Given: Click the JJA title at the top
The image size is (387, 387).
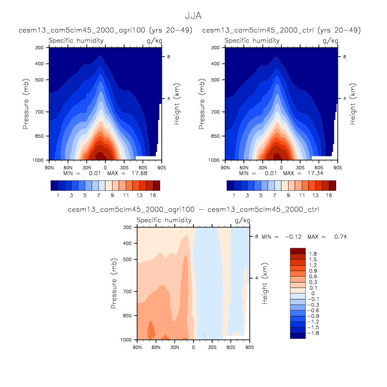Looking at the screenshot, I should coord(193,17).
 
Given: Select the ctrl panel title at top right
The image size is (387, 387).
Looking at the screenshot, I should coord(281,30).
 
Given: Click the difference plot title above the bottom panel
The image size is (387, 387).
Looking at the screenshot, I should coord(193,209).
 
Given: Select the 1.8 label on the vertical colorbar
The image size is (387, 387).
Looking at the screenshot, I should coord(314,254).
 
